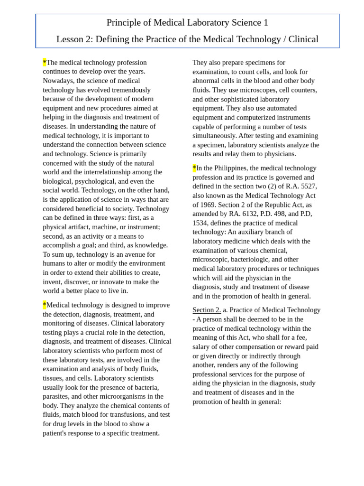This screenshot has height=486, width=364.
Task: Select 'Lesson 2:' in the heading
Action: coord(74,39)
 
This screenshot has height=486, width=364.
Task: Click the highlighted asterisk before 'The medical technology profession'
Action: coord(45,62)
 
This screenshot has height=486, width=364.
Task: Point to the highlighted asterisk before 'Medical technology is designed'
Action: coord(45,305)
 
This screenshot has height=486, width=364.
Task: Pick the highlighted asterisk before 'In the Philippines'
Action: coord(194,168)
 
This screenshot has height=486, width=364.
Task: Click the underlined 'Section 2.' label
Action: coord(207,310)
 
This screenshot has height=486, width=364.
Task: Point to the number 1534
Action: coord(200,223)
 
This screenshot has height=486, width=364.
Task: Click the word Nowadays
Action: coord(59,81)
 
